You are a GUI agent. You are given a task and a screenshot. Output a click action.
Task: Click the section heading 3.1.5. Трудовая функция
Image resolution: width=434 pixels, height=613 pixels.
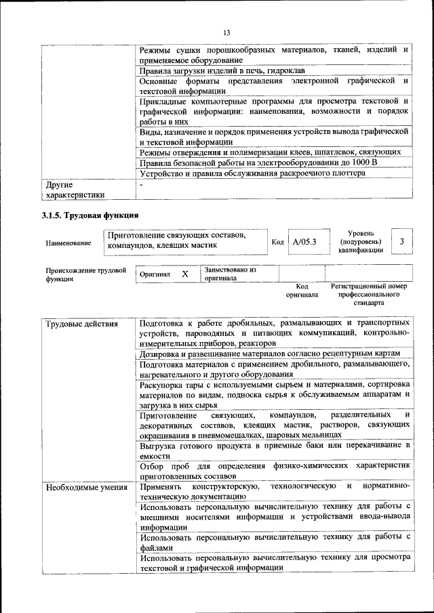tap(90, 216)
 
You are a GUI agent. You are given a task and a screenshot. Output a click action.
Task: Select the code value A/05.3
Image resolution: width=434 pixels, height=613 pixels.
tap(304, 242)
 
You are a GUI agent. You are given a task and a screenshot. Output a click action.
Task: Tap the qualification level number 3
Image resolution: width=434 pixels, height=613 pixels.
tap(402, 242)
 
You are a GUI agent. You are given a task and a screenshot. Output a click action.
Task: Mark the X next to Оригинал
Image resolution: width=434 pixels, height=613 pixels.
tap(184, 274)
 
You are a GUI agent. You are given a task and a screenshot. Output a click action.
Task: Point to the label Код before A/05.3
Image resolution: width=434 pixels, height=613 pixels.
tap(277, 242)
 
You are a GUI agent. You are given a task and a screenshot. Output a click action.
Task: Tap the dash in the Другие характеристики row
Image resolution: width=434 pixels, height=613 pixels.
tap(141, 184)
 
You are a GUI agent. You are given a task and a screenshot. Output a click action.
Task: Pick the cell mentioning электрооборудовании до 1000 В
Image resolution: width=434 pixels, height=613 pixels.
tap(258, 163)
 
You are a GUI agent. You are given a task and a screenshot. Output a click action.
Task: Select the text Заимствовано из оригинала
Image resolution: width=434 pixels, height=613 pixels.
tap(230, 274)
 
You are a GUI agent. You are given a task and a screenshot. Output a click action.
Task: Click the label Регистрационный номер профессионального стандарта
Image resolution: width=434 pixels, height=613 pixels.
tap(369, 295)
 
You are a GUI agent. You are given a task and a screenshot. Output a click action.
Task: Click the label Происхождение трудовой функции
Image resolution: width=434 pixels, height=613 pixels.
tap(86, 274)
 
